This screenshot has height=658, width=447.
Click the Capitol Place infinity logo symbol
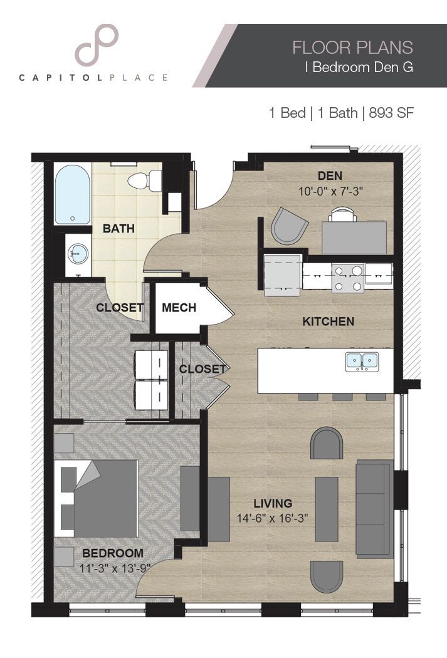[x=97, y=45]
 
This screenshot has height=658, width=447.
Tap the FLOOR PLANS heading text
[x=352, y=47]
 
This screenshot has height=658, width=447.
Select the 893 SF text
[x=392, y=113]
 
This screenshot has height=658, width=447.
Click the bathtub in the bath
[x=72, y=194]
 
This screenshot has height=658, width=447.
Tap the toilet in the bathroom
[x=145, y=181]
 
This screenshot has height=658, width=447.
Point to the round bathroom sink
[x=78, y=254]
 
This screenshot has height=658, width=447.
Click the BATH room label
[x=118, y=229]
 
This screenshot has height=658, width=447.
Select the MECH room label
[x=179, y=308]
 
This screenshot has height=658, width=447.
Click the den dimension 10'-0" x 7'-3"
[x=329, y=191]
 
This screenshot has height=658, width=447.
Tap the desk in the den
[x=354, y=237]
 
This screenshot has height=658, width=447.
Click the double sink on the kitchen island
[x=361, y=361]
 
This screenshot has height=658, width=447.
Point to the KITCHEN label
[x=328, y=321]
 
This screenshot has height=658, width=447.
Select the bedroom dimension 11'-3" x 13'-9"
[x=113, y=568]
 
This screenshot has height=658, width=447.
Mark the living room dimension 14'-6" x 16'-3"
[x=273, y=518]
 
